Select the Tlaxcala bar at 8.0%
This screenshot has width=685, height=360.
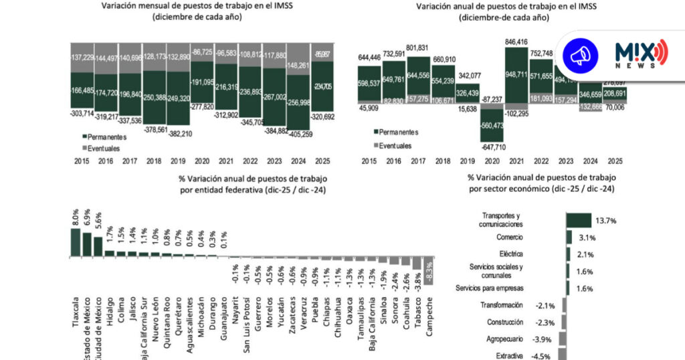click(x=76, y=242)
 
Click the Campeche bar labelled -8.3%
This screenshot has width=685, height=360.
click(x=428, y=270)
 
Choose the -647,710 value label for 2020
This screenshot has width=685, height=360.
click(x=492, y=146)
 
